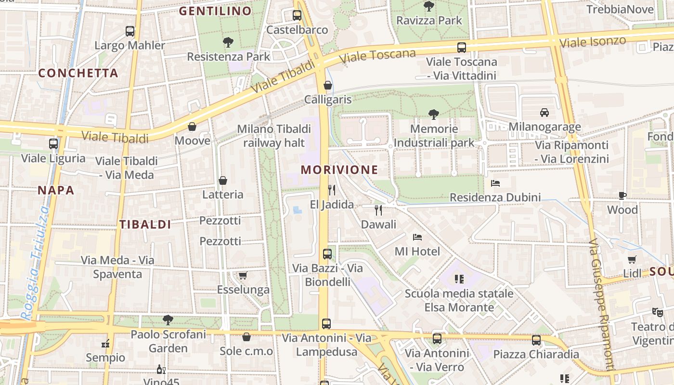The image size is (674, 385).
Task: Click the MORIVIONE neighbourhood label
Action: (x=339, y=169)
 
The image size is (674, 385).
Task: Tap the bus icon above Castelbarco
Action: (x=297, y=15)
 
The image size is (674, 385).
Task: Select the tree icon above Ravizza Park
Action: (x=428, y=6)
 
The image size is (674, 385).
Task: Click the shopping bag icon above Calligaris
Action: (x=328, y=86)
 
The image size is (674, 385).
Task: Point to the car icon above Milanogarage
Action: (x=544, y=113)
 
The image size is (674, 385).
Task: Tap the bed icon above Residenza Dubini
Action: (x=495, y=183)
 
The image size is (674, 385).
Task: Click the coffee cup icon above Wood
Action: (x=622, y=195)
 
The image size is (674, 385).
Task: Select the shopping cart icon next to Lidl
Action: (x=632, y=260)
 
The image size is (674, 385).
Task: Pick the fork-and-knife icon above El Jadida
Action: (x=331, y=190)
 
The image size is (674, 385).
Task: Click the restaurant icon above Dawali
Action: (x=378, y=210)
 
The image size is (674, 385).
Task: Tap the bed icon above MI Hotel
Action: (x=417, y=237)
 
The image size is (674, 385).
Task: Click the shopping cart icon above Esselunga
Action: (x=243, y=276)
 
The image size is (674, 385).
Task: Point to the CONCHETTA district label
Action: (x=78, y=73)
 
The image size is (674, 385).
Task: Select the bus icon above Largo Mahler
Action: (x=130, y=31)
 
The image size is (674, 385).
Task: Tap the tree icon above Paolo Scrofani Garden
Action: (x=168, y=320)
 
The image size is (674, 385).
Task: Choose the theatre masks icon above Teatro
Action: (x=657, y=312)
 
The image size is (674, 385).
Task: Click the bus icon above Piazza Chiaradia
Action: (x=536, y=340)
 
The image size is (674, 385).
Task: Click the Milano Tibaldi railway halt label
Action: (x=274, y=136)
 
